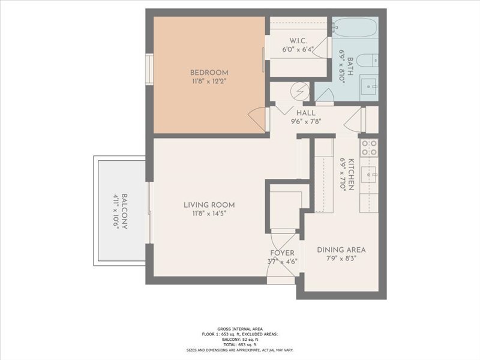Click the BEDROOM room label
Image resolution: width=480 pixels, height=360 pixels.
pos(209,73)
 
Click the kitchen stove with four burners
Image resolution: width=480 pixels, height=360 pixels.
pos(368,148)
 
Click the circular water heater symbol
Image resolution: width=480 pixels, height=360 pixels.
pos(299,91)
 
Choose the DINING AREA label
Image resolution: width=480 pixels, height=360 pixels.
pos(341,250)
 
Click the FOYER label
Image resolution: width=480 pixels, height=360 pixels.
pos(282,253)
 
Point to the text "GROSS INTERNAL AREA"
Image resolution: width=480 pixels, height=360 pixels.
pos(239,328)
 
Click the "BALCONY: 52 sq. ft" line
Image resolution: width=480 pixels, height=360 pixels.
pos(239,340)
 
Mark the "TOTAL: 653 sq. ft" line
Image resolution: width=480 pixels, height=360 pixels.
pos(239,345)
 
